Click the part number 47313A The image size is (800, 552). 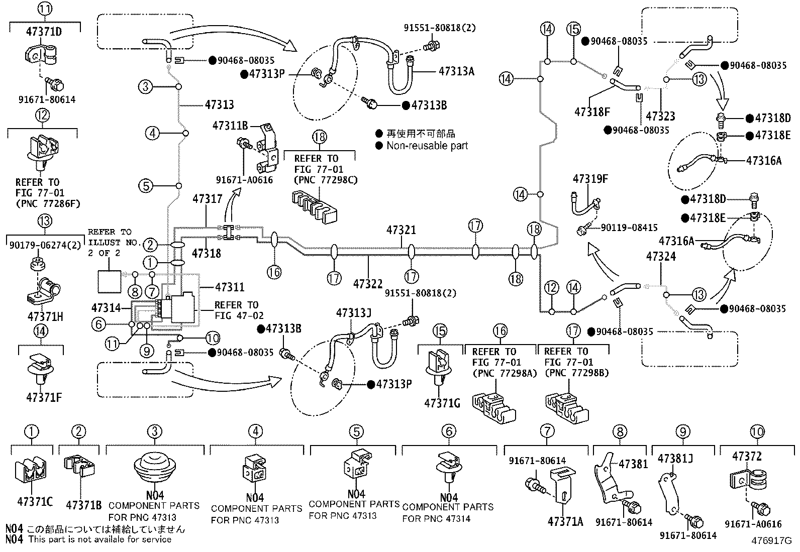click(x=456, y=71)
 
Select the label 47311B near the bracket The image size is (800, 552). click(x=230, y=126)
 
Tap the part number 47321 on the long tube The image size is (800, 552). click(x=401, y=230)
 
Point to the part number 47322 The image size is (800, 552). click(x=368, y=284)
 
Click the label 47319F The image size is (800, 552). click(x=590, y=178)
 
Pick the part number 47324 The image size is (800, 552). click(x=661, y=256)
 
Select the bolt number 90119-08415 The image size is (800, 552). click(x=629, y=228)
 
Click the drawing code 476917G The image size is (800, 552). click(x=771, y=540)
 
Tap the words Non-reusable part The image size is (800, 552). click(x=427, y=146)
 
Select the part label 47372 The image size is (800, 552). click(x=747, y=456)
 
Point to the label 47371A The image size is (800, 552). click(x=565, y=522)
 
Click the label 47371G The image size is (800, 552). click(x=442, y=403)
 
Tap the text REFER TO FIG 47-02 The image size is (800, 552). click(x=239, y=310)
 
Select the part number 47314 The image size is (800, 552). click(x=106, y=308)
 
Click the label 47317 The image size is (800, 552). click(x=208, y=198)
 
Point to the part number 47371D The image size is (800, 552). click(x=44, y=32)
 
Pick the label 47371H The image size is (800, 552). click(x=45, y=317)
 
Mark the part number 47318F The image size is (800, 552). click(x=592, y=112)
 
